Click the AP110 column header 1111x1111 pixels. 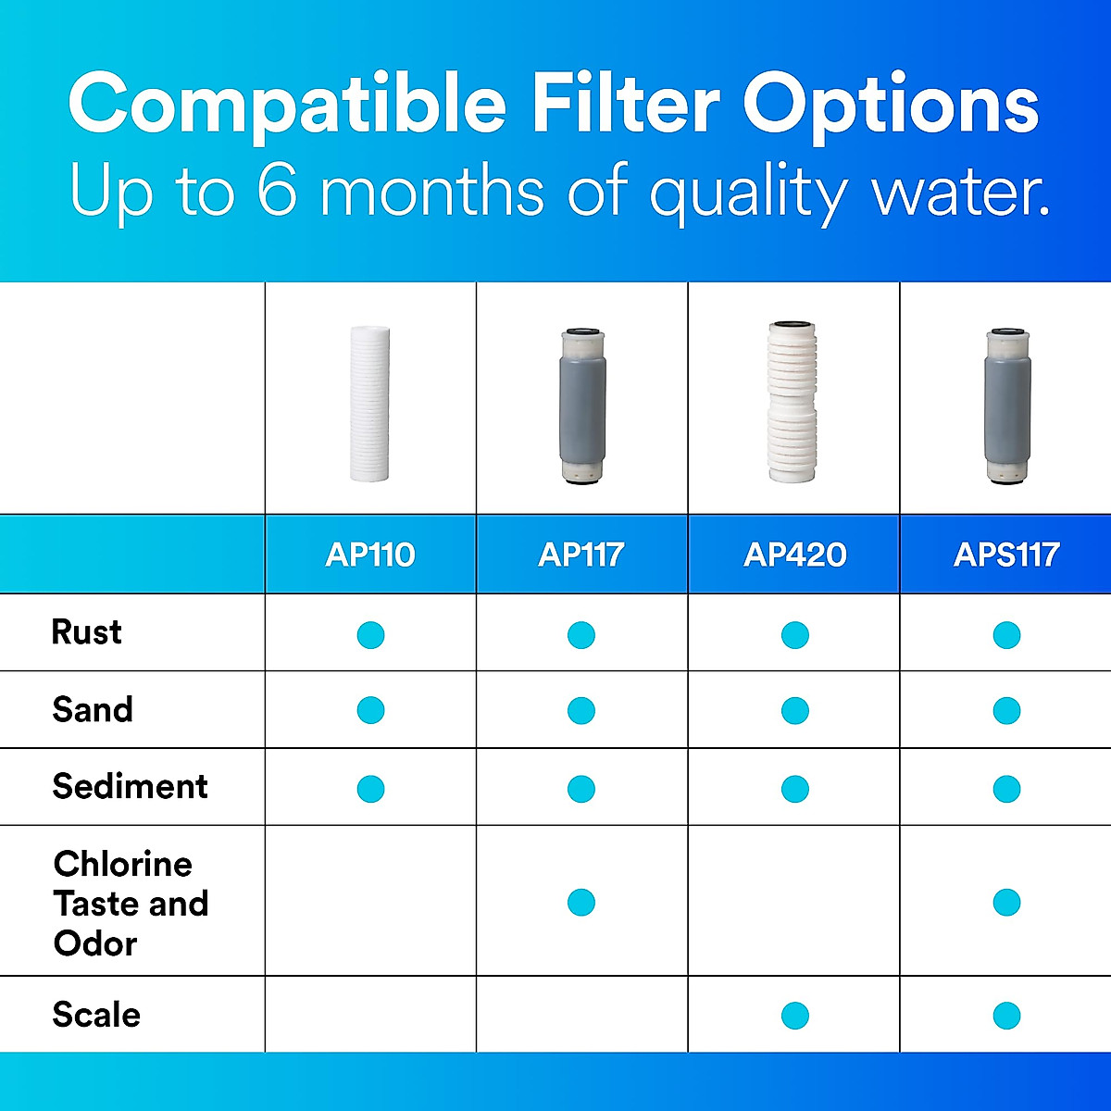point(370,555)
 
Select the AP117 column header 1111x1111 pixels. point(581,555)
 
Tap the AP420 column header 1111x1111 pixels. point(794,555)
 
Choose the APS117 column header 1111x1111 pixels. point(1006,555)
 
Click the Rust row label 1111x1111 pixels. point(86,632)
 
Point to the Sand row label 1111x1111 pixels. point(93,710)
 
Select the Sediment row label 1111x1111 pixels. point(130,787)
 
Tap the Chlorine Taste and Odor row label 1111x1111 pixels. point(130,904)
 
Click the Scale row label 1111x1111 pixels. point(96,1015)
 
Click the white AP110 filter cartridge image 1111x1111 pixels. point(370,403)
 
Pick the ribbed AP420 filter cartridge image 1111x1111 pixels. point(793,403)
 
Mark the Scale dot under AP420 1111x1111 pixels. point(794,1016)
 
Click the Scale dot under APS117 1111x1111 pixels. point(1006,1016)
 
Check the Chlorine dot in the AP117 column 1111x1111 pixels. point(581,902)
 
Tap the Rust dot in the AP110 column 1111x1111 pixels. point(370,635)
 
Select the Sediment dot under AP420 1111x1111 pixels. point(794,789)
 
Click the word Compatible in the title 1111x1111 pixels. point(287,104)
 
